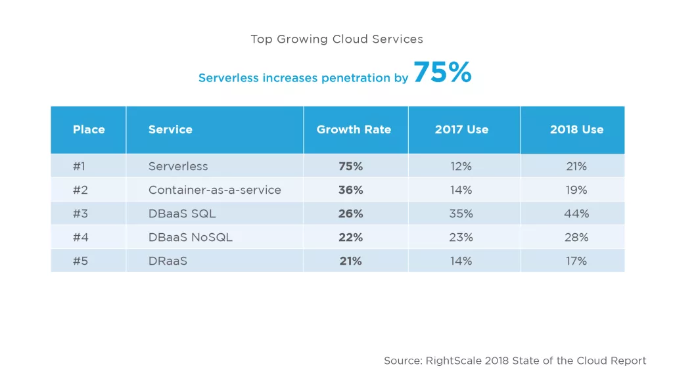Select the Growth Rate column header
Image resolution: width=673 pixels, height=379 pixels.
pyautogui.click(x=354, y=129)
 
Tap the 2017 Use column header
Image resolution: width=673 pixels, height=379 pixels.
pyautogui.click(x=461, y=129)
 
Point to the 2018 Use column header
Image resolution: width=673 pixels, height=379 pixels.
pyautogui.click(x=576, y=129)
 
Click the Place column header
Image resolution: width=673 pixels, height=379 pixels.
pyautogui.click(x=89, y=129)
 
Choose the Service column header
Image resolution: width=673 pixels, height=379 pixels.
pyautogui.click(x=170, y=129)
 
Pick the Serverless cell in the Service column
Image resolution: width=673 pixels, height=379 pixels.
pyautogui.click(x=178, y=166)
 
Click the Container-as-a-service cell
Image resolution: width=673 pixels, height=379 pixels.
pyautogui.click(x=214, y=190)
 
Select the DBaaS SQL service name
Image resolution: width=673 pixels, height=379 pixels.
pyautogui.click(x=182, y=213)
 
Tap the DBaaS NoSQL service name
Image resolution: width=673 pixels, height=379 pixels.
pyautogui.click(x=191, y=237)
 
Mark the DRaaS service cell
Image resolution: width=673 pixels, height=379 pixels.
pyautogui.click(x=168, y=261)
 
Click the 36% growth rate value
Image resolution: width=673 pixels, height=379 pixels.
pyautogui.click(x=350, y=190)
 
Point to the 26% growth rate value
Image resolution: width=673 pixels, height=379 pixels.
pyautogui.click(x=350, y=213)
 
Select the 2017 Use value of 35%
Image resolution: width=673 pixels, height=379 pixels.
pyautogui.click(x=461, y=213)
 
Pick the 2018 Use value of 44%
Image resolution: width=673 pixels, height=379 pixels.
pyautogui.click(x=576, y=213)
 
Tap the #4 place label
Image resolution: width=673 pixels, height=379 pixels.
pyautogui.click(x=79, y=237)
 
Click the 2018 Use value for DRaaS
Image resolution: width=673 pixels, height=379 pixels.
pyautogui.click(x=576, y=261)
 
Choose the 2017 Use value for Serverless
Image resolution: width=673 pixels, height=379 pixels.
pyautogui.click(x=461, y=166)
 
